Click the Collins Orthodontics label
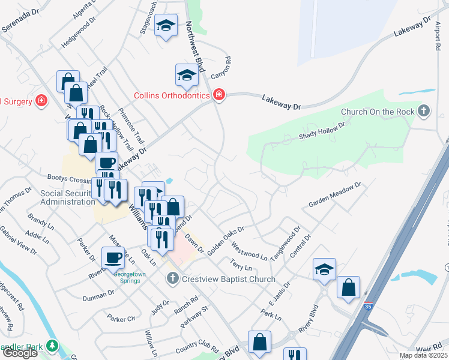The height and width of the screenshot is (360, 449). [x=172, y=95]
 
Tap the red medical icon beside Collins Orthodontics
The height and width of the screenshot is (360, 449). [x=218, y=95]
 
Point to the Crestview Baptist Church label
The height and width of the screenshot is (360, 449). [x=229, y=279]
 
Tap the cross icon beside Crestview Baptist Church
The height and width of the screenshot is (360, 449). [x=172, y=278]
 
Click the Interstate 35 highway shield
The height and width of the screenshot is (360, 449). [x=368, y=306]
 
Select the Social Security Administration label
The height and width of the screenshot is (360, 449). [x=68, y=197]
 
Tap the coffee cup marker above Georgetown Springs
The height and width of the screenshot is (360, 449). [x=112, y=258]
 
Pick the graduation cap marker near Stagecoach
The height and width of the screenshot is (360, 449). [x=165, y=26]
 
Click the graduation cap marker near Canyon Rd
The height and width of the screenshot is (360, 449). [x=187, y=76]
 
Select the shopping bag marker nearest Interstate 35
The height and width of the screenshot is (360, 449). [x=348, y=288]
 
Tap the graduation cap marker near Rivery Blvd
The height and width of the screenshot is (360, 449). [x=324, y=269]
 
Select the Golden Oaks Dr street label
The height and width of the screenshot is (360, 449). [x=226, y=241]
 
